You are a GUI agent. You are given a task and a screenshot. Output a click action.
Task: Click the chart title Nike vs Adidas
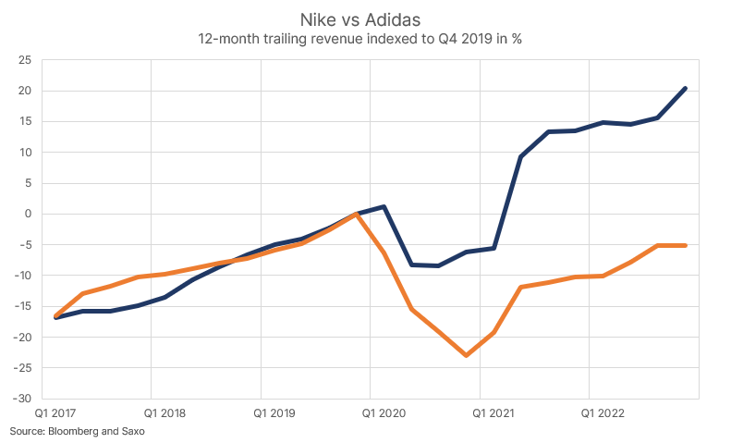pyautogui.click(x=366, y=19)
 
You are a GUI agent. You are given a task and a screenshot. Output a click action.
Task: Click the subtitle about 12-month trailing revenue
pyautogui.click(x=366, y=40)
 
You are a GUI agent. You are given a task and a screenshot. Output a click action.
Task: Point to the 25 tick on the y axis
pyautogui.click(x=25, y=60)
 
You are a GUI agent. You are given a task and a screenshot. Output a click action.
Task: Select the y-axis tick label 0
pyautogui.click(x=29, y=214)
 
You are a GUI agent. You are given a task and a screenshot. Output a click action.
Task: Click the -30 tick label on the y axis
pyautogui.click(x=22, y=399)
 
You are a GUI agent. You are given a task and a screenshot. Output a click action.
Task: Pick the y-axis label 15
pyautogui.click(x=25, y=121)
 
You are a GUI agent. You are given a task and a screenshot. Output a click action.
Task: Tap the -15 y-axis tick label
pyautogui.click(x=22, y=306)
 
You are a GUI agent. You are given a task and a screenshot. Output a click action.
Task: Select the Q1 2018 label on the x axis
pyautogui.click(x=165, y=412)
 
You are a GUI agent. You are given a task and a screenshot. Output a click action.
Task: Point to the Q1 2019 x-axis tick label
pyautogui.click(x=275, y=412)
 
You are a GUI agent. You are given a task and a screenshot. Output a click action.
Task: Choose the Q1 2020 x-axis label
pyautogui.click(x=384, y=412)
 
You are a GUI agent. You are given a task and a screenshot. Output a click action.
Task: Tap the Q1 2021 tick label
pyautogui.click(x=493, y=412)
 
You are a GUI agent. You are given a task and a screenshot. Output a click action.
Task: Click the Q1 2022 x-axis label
pyautogui.click(x=603, y=412)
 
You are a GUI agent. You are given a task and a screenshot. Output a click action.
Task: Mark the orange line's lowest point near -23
pyautogui.click(x=467, y=355)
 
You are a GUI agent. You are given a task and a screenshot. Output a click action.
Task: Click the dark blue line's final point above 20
pyautogui.click(x=685, y=89)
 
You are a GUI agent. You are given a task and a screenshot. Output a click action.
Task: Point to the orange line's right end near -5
pyautogui.click(x=685, y=245)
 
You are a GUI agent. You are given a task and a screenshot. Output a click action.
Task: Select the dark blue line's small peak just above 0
pyautogui.click(x=384, y=206)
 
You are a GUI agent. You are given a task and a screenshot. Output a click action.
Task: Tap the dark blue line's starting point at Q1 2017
pyautogui.click(x=56, y=317)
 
